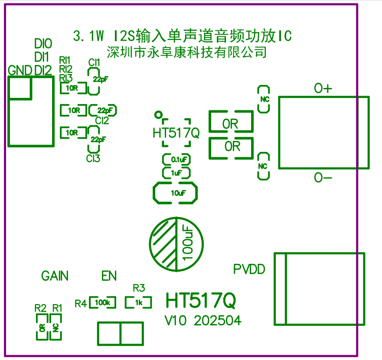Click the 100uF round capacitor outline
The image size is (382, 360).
coord(176,243)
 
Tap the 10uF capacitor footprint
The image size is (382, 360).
coord(176,193)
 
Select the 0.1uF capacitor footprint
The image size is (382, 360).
coord(176,159)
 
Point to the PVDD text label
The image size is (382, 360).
coord(249,269)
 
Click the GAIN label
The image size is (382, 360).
coord(55,276)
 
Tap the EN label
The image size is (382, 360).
coord(109,276)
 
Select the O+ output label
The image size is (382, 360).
coord(323,89)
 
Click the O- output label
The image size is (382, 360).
coord(323,178)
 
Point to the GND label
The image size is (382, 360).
coord(20,70)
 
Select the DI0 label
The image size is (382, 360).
coord(43,43)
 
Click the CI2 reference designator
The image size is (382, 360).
coord(102,121)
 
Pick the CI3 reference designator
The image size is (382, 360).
coord(93,159)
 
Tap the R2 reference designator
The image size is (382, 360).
coord(40,308)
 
